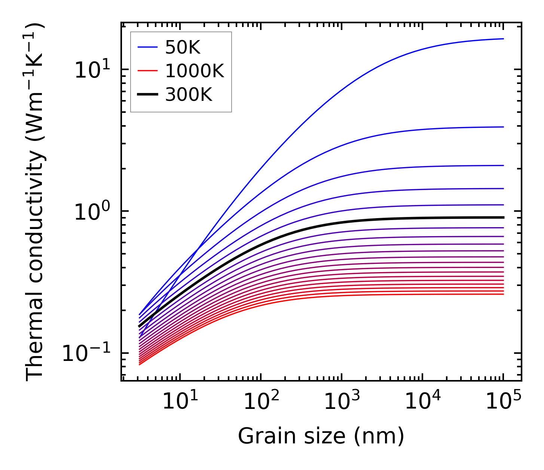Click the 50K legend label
tap(183, 48)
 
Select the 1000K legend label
tap(195, 71)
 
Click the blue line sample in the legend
tap(149, 48)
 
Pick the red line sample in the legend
tap(149, 71)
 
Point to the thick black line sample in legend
tap(149, 95)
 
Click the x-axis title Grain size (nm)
tap(321, 437)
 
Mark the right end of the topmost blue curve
tap(503, 39)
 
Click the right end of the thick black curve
tap(503, 217)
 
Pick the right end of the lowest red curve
tap(503, 294)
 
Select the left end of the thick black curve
tap(139, 326)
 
